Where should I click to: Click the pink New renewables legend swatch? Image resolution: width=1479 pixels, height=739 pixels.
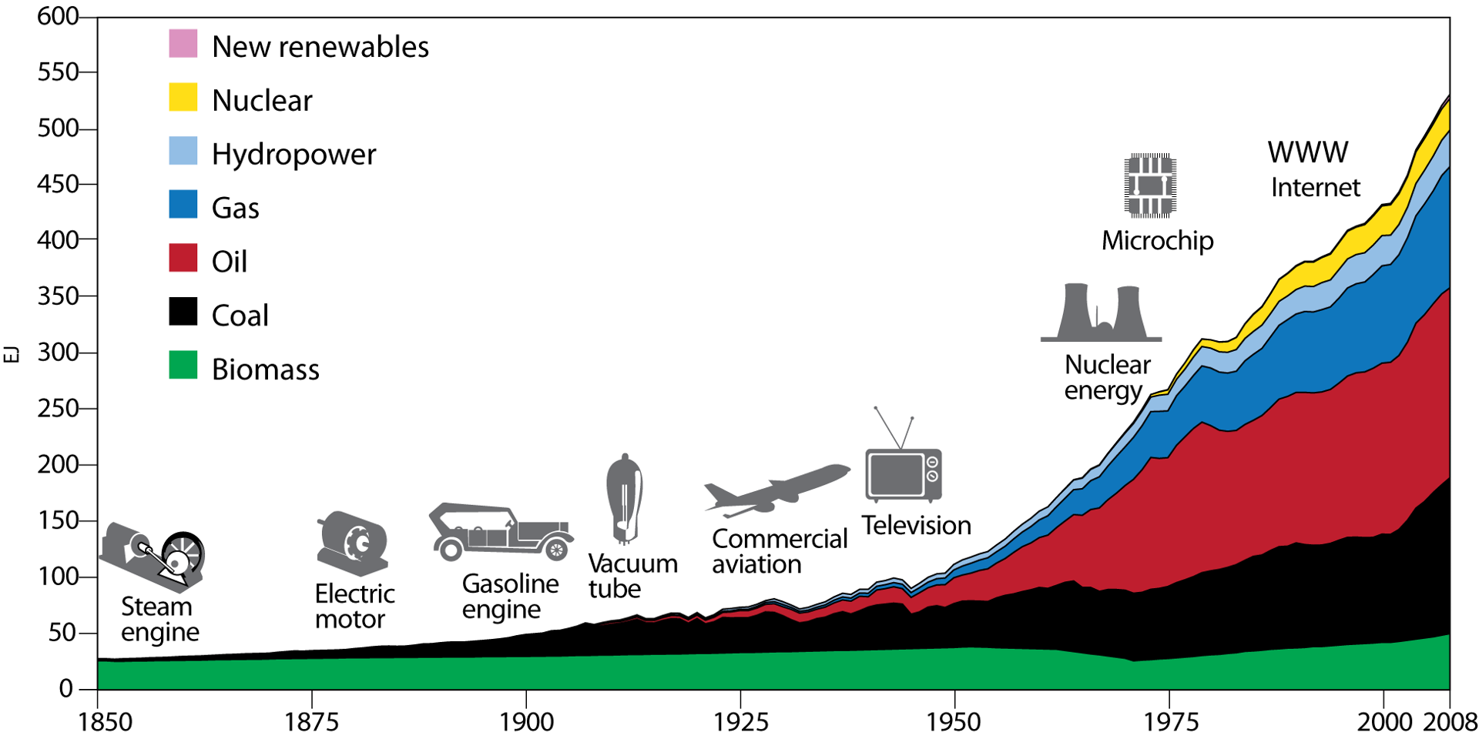(183, 44)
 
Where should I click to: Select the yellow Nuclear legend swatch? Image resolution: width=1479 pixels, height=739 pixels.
(183, 98)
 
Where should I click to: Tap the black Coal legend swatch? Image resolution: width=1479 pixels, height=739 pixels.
(183, 312)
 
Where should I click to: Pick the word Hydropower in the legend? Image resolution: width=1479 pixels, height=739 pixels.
(293, 155)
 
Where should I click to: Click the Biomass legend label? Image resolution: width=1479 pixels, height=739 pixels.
(265, 369)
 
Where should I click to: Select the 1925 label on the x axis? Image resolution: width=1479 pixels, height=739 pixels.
(740, 722)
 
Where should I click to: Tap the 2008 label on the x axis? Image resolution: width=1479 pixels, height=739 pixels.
(1450, 722)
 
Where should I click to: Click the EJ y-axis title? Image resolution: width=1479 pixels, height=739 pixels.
(12, 353)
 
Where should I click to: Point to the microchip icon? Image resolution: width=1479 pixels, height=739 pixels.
(1149, 185)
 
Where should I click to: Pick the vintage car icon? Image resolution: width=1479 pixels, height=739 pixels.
(501, 531)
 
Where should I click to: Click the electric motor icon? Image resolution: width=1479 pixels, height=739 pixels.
(353, 543)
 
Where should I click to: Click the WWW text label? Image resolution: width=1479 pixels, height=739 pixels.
(1308, 152)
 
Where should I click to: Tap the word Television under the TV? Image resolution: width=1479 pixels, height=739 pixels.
(916, 526)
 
